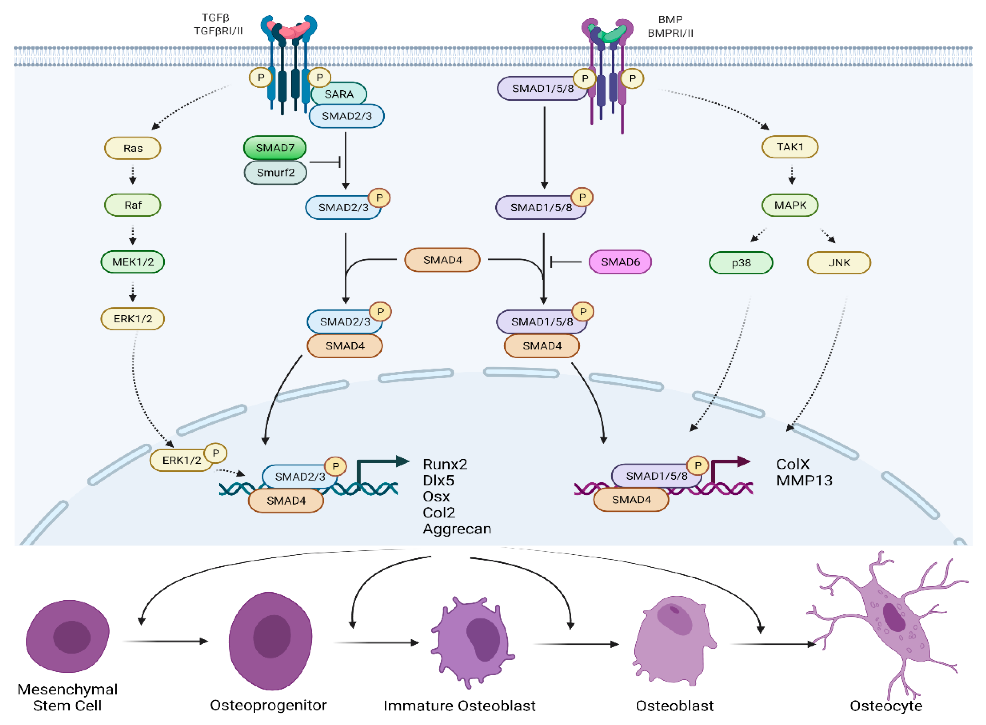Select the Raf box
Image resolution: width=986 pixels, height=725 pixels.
click(x=133, y=205)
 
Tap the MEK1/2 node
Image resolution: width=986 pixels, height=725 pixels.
click(x=133, y=262)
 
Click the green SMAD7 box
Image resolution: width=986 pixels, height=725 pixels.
click(x=275, y=147)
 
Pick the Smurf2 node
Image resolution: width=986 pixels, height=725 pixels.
click(x=275, y=173)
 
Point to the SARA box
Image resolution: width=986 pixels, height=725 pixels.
click(x=339, y=94)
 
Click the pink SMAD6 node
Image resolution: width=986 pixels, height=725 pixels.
click(x=620, y=262)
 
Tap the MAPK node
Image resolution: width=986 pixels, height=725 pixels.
click(x=790, y=205)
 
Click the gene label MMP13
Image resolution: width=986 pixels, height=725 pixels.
click(x=804, y=480)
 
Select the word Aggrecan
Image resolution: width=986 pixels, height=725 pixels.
click(x=457, y=529)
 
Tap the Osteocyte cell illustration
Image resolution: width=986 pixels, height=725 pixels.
click(x=886, y=623)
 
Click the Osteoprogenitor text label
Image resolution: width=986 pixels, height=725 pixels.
click(x=268, y=705)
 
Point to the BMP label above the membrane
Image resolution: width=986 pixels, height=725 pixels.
click(x=670, y=20)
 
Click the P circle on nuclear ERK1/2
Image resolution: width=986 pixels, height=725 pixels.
click(x=215, y=453)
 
